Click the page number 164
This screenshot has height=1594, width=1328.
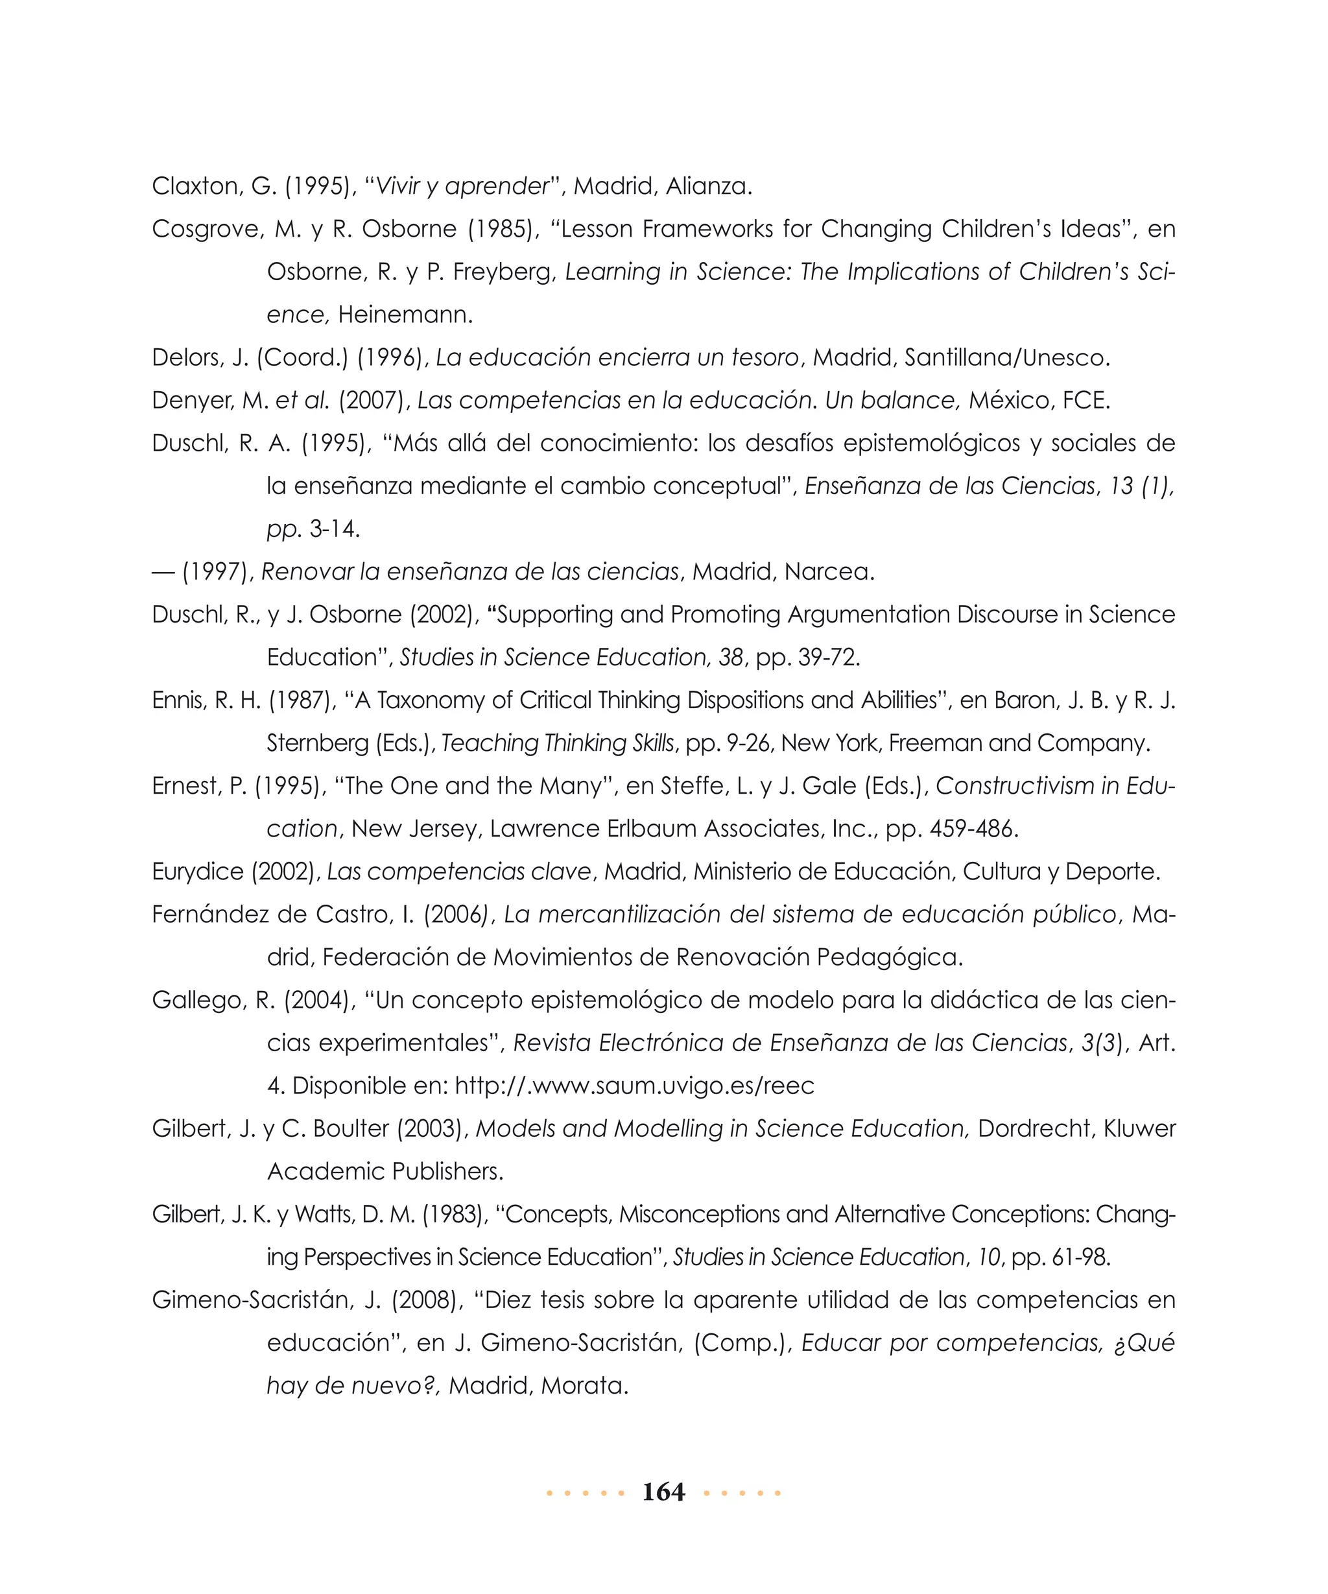pos(663,1492)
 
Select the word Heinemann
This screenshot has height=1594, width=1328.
pos(405,315)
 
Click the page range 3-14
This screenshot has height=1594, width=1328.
pos(334,529)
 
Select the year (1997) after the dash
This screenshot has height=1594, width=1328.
pos(217,571)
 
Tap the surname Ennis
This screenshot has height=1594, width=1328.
pos(179,700)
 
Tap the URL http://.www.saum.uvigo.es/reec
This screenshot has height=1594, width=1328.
pos(634,1086)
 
